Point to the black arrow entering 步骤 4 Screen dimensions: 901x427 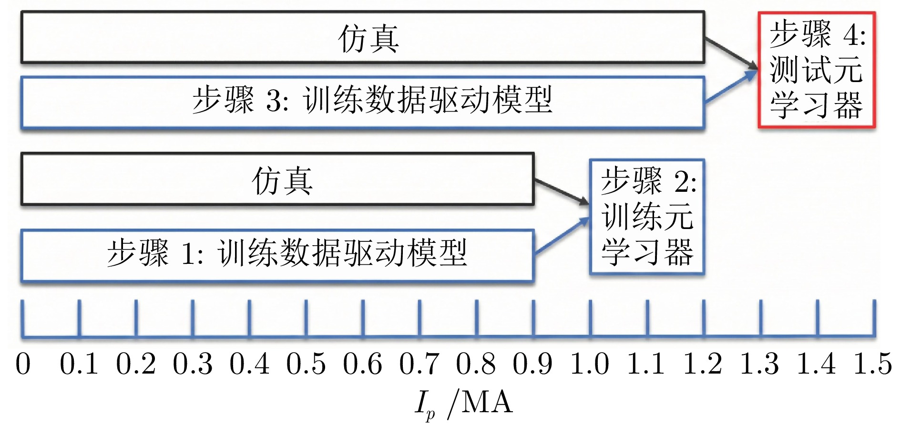(x=732, y=53)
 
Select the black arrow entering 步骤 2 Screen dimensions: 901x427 (x=562, y=192)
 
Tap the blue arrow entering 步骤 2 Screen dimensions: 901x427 (x=562, y=236)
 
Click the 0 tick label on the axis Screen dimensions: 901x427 (x=23, y=364)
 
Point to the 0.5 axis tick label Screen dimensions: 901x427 (x=306, y=364)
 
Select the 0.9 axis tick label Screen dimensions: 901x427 (x=532, y=364)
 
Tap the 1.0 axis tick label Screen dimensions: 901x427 (x=590, y=364)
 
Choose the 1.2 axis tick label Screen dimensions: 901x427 (x=703, y=364)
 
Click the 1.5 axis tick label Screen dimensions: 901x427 (x=873, y=364)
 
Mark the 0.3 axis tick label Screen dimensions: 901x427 (x=193, y=364)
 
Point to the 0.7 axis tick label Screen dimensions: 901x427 (x=419, y=364)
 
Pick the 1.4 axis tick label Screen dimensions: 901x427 (x=816, y=364)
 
